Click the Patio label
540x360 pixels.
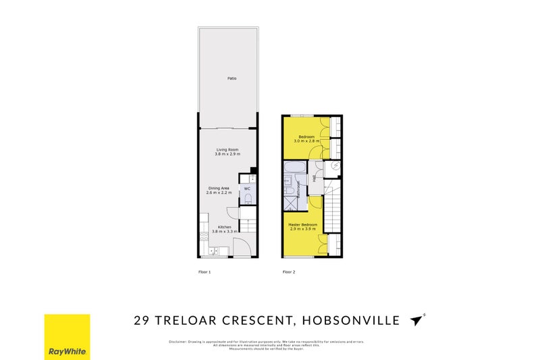tap(232, 79)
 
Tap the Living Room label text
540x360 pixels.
tap(227, 149)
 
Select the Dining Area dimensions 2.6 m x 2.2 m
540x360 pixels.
tap(219, 193)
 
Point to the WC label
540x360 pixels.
tap(247, 188)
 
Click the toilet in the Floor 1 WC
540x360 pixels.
tap(248, 199)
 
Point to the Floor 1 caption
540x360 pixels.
tap(205, 272)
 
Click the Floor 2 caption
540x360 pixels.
tap(289, 272)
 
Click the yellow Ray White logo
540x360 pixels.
tap(67, 336)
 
